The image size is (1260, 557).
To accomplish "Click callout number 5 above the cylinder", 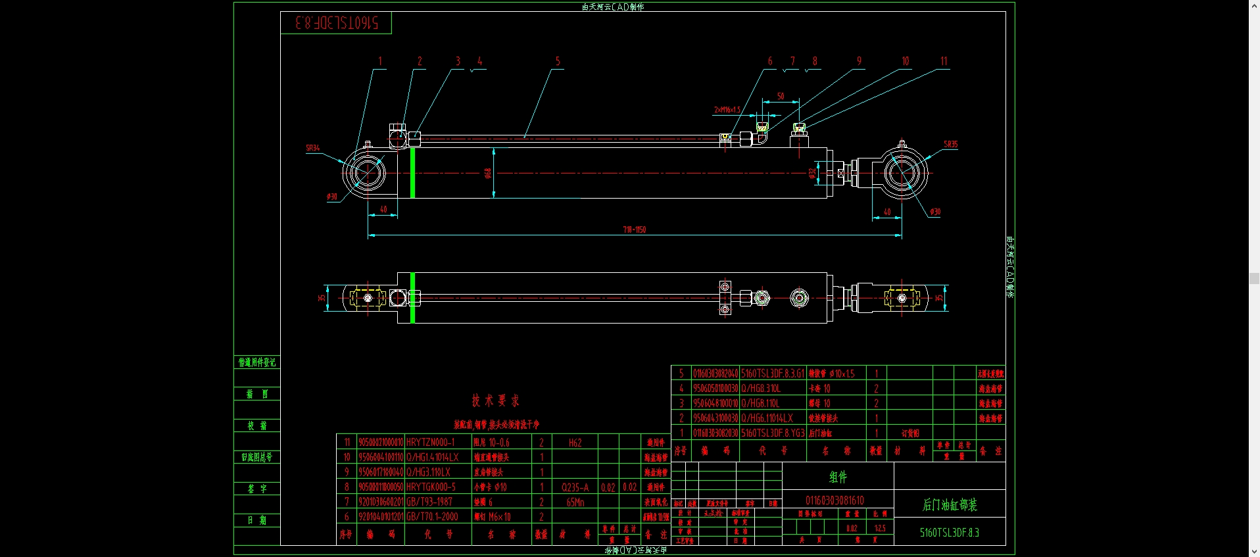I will click(558, 61).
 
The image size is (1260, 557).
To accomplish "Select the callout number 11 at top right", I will click(944, 61).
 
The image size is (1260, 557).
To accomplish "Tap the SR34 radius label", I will click(312, 148).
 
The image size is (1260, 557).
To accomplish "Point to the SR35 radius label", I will click(950, 144).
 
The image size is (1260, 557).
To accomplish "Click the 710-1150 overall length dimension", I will click(634, 230).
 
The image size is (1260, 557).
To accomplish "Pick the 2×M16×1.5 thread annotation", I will click(727, 110).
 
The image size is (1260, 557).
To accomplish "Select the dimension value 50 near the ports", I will click(781, 96).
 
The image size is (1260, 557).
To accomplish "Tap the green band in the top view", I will click(412, 298).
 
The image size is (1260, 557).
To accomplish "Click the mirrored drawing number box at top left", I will click(337, 23).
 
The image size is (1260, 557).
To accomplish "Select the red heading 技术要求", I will click(495, 400).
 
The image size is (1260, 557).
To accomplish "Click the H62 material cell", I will click(575, 443).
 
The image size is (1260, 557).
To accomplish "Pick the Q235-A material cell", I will click(575, 487).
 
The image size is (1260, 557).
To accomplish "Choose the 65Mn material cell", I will click(575, 502).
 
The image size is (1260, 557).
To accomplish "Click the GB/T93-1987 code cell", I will click(429, 502).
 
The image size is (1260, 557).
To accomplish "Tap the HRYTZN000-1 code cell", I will click(430, 443).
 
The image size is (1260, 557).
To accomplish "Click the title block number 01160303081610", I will click(835, 500).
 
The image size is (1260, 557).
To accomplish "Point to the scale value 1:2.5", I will click(880, 528).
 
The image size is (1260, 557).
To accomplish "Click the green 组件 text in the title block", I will click(838, 477).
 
